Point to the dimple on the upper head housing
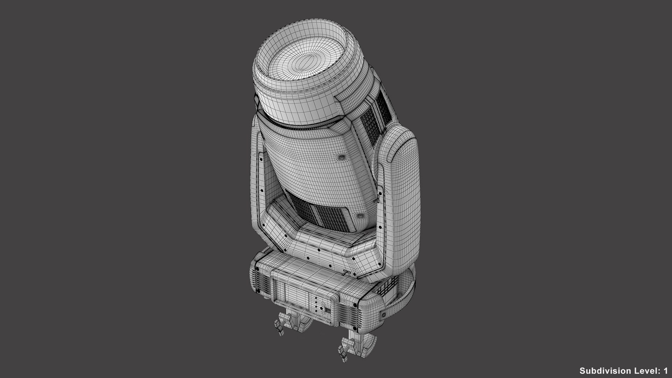(x=340, y=158)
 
